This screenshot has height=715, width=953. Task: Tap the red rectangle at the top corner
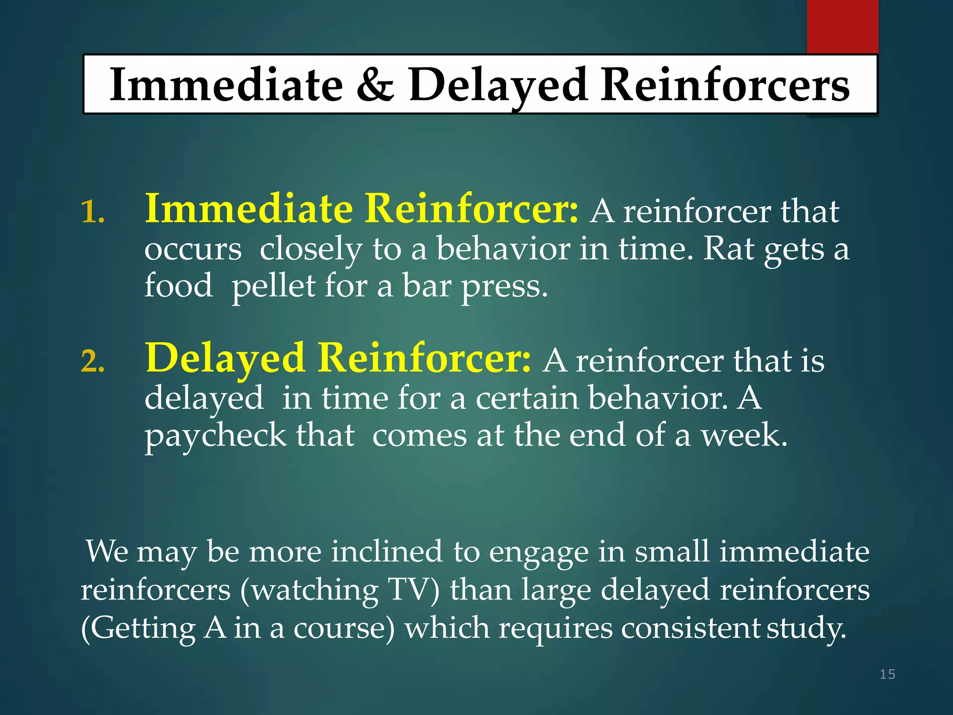(842, 26)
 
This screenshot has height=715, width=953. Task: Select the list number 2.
(92, 362)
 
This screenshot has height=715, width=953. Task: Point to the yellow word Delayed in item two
(225, 358)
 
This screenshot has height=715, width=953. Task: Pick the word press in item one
(504, 287)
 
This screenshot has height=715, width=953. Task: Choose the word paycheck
(215, 437)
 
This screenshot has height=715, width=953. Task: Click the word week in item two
(744, 436)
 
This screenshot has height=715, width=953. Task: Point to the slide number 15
(887, 674)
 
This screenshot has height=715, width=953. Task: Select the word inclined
(386, 552)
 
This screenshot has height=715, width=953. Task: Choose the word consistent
(691, 628)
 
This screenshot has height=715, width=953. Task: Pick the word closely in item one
(311, 250)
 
